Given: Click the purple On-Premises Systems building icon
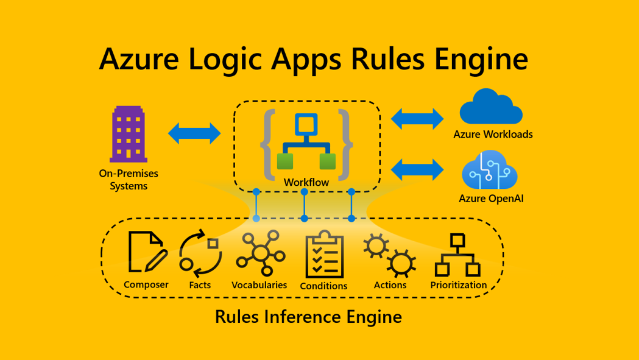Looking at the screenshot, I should [x=129, y=134].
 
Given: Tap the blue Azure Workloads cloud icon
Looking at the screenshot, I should [x=491, y=108].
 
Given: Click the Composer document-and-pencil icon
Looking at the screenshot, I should [x=147, y=252].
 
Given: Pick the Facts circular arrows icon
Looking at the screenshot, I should [x=200, y=253].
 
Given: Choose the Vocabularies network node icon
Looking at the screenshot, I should [x=260, y=253].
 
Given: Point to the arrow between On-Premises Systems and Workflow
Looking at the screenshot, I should [x=194, y=133].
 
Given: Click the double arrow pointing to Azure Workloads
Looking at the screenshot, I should [x=417, y=119].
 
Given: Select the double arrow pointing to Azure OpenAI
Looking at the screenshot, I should [x=417, y=169].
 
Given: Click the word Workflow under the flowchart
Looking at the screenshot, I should [x=306, y=182].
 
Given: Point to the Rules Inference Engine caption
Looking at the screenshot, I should [x=308, y=317].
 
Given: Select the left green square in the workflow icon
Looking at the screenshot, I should [x=285, y=161].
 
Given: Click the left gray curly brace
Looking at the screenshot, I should [x=266, y=145].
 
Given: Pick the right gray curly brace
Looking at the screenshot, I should [x=345, y=145].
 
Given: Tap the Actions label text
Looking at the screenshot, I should [x=390, y=285].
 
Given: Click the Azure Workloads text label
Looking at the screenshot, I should [x=493, y=135].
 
